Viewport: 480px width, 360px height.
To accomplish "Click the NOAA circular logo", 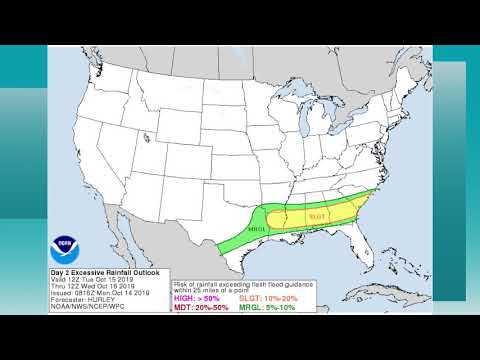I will [68, 244].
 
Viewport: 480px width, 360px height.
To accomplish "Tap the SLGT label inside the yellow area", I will [317, 215].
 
